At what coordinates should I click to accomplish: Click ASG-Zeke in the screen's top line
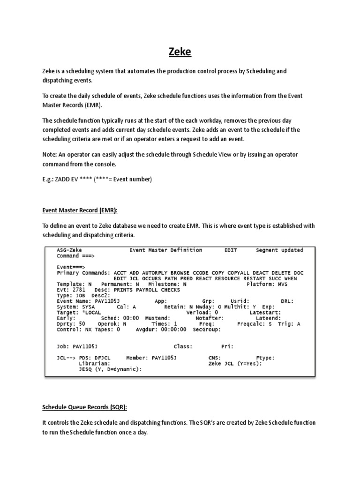69,250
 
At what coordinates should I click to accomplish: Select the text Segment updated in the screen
279,250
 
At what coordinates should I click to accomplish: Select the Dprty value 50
82,323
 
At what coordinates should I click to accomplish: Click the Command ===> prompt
75,256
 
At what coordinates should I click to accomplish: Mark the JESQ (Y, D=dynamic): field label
110,369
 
